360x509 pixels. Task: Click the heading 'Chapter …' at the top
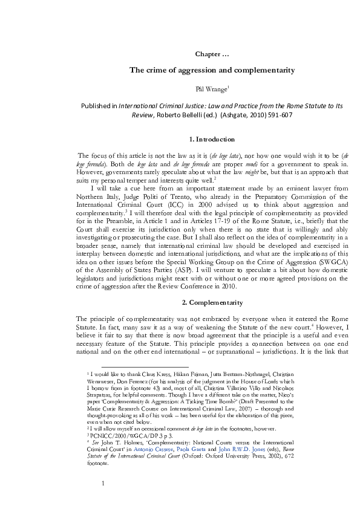(x=212, y=54)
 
